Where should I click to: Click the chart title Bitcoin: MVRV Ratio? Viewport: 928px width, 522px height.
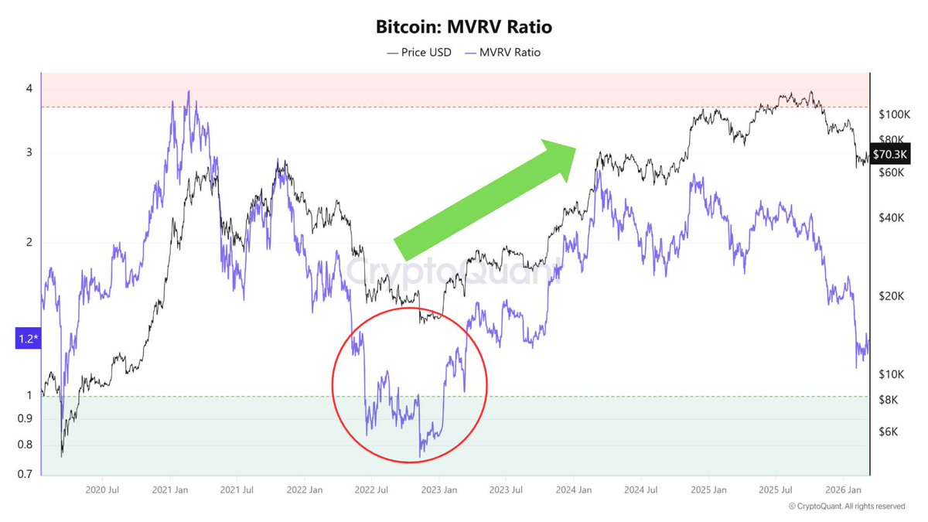coord(464,27)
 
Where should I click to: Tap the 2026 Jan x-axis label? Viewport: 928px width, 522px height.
coord(844,490)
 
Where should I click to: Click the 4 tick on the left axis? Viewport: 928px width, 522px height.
coord(29,89)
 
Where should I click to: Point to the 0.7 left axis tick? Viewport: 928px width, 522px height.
coord(25,474)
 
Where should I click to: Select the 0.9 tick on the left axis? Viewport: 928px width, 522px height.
coord(25,419)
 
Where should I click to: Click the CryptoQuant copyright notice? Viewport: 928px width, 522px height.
coord(847,507)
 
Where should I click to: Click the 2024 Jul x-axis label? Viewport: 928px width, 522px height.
coord(642,490)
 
